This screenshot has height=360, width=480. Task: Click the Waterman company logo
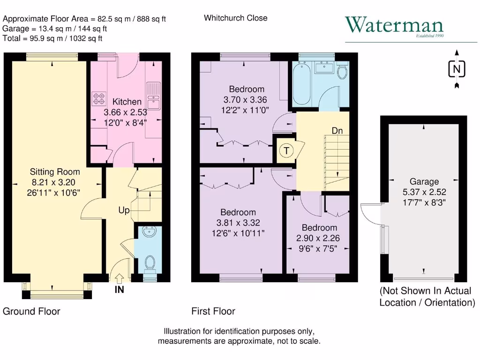pos(394,26)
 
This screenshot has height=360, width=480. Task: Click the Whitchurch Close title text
pos(235,18)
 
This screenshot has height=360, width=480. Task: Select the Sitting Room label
pos(55,172)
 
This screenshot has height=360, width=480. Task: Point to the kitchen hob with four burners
pos(99,97)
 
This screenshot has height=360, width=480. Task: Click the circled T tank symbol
pos(285,151)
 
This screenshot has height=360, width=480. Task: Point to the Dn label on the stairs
pos(337,131)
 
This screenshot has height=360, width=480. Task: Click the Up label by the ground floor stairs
pos(124,211)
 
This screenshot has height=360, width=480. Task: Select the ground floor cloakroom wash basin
pos(150,232)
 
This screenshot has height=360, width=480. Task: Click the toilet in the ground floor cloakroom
pos(150,262)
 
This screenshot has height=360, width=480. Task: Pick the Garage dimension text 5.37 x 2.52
pos(424,191)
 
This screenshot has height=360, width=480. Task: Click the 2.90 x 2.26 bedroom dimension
pos(319,238)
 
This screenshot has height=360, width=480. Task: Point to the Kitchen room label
pos(127,102)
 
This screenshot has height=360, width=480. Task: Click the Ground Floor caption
pos(31,311)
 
